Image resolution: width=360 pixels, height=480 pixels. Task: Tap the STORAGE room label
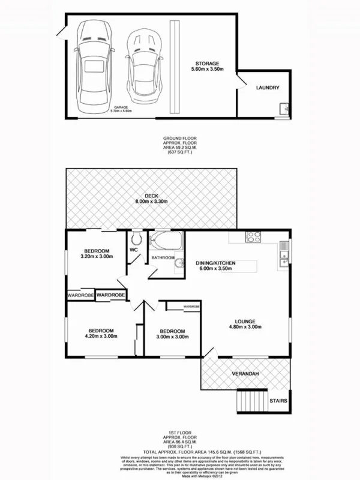[x=207, y=64]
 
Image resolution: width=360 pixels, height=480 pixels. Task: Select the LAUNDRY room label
[x=268, y=88]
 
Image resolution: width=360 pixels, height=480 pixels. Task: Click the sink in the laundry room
[x=283, y=109]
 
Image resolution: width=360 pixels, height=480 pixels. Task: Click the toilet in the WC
[x=136, y=238]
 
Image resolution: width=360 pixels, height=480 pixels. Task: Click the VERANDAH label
[x=246, y=374]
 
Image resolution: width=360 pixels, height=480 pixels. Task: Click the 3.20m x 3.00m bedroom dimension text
[x=97, y=257]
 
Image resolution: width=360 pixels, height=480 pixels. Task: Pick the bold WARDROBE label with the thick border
[x=111, y=295]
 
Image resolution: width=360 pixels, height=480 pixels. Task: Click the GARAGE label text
[x=119, y=107]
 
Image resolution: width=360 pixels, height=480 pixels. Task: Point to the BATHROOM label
[x=163, y=258]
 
